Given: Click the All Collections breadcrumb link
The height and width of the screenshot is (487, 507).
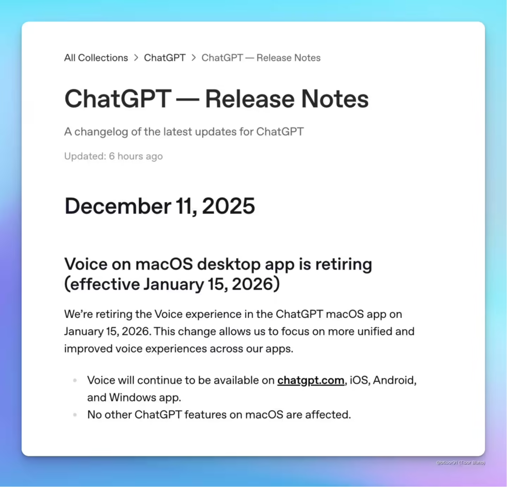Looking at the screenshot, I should click(96, 58).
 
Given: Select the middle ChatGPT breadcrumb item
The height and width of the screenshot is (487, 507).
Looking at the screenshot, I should click(164, 58).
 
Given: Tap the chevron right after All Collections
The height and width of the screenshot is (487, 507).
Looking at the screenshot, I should click(136, 58).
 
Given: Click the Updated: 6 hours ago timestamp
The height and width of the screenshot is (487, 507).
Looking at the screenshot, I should click(113, 156).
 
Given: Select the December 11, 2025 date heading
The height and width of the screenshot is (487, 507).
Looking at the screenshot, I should click(159, 206).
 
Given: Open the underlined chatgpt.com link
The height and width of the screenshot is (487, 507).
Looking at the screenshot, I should click(310, 380).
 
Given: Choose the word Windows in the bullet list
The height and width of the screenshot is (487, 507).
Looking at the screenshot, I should click(131, 397).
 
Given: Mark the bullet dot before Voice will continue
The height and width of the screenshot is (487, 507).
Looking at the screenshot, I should click(75, 381).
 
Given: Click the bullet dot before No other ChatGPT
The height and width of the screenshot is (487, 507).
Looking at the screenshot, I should click(75, 415).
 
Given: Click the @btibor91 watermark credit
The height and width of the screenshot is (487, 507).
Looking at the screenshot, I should click(460, 462).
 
